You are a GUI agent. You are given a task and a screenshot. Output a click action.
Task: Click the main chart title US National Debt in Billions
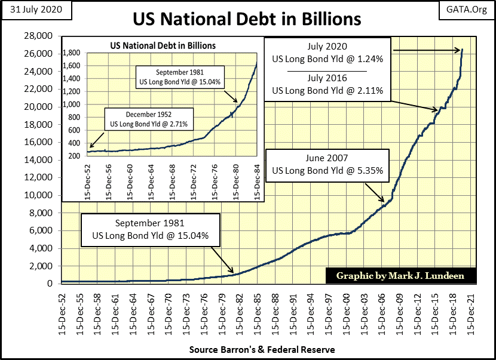247,19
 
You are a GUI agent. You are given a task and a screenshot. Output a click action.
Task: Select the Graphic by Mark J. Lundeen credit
394,275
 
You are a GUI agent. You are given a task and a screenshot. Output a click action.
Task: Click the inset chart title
163,45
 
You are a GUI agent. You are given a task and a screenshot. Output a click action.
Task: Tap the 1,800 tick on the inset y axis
75,53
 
